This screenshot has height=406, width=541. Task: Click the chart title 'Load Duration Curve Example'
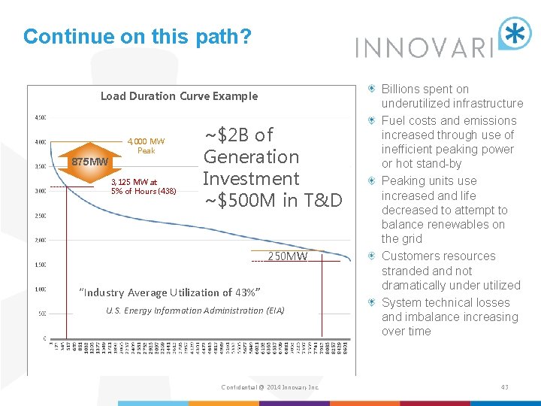click(179, 96)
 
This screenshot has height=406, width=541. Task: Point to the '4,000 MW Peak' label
click(146, 146)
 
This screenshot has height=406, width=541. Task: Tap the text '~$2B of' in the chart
click(239, 135)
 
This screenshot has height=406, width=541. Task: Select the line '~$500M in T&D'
click(273, 200)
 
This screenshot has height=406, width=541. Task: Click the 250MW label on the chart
click(288, 256)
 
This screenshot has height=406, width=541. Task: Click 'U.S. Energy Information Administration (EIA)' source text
click(195, 311)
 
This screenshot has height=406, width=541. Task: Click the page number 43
click(504, 387)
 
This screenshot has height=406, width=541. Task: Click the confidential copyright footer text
click(270, 387)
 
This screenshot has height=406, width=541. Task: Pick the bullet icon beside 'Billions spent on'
click(373, 89)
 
